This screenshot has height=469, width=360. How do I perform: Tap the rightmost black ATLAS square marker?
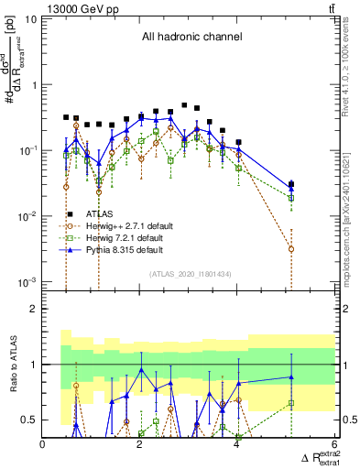pyautogui.click(x=291, y=184)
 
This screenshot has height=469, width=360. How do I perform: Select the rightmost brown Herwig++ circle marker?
pyautogui.click(x=291, y=248)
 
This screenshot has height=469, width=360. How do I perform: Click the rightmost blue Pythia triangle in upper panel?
pyautogui.click(x=291, y=188)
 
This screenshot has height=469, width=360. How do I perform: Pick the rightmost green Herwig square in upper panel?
pyautogui.click(x=291, y=198)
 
